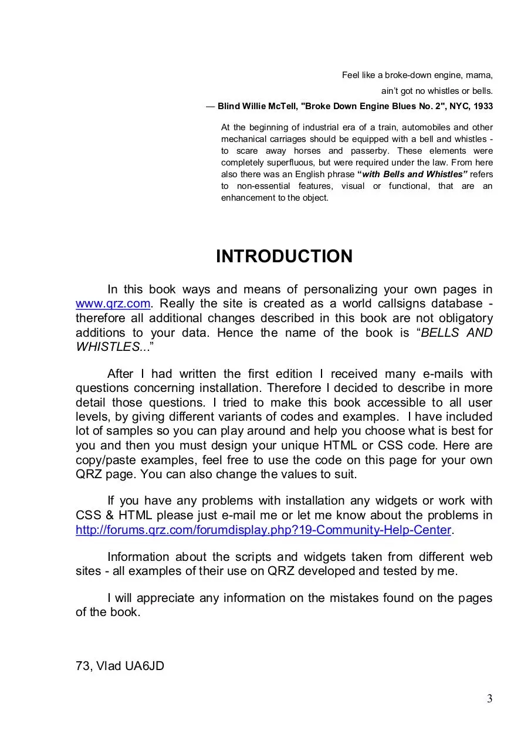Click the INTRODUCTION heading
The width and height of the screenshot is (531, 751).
[284, 256]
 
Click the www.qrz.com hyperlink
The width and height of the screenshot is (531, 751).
[113, 304]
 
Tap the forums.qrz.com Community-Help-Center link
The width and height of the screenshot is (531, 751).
[263, 530]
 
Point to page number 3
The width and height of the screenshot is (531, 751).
[489, 698]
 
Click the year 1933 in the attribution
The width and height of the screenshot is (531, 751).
[481, 106]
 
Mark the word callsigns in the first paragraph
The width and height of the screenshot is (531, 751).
[378, 304]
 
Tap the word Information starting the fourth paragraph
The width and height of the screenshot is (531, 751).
[138, 557]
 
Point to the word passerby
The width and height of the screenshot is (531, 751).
[367, 151]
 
